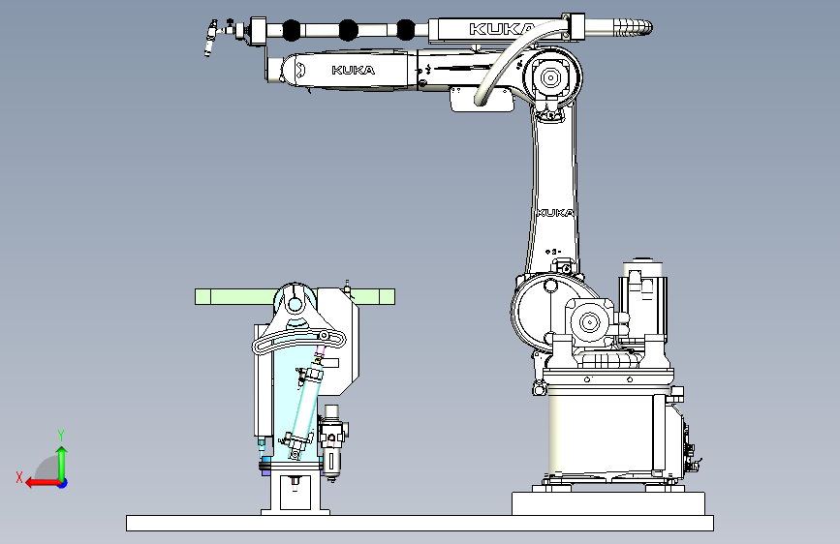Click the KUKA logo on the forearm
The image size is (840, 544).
[x=353, y=70]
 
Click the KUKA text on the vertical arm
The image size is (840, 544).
[x=555, y=213]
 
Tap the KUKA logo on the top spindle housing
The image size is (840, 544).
[x=502, y=29]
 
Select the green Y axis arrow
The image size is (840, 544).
[x=62, y=464]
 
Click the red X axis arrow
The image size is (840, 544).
[x=43, y=483]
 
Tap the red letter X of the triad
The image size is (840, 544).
[x=19, y=477]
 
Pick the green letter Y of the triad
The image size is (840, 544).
[x=61, y=435]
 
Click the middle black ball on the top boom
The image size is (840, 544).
[x=348, y=30]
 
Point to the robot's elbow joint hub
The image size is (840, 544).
[x=550, y=77]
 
